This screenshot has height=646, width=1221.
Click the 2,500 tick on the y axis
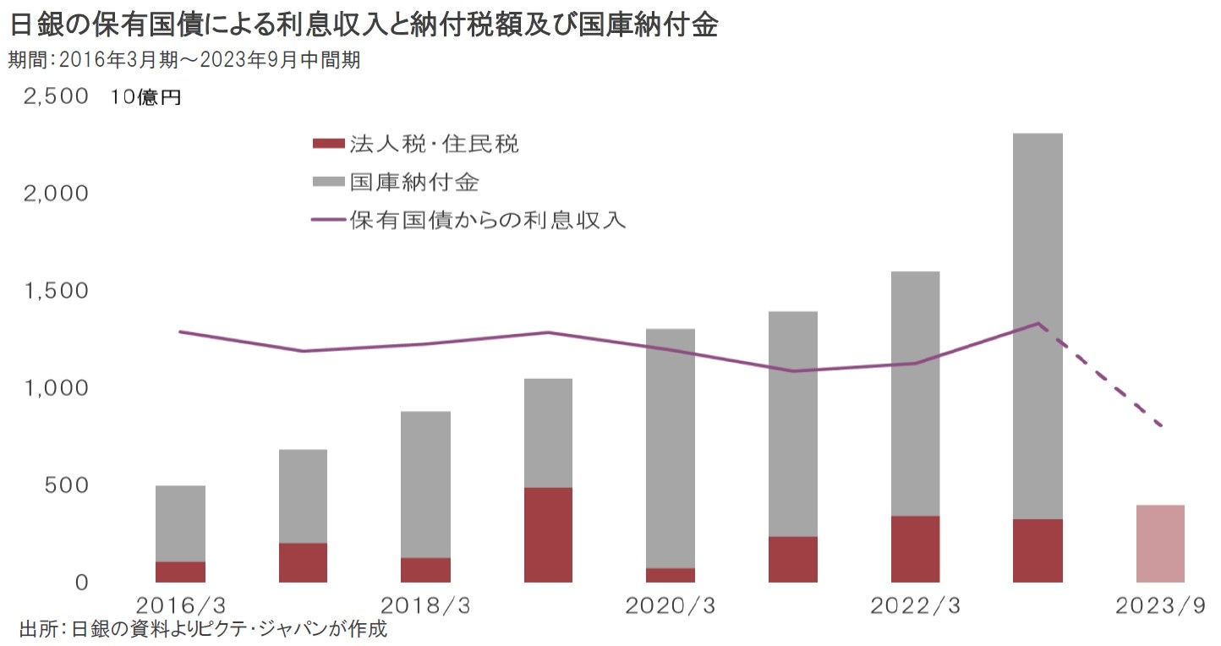click(x=56, y=96)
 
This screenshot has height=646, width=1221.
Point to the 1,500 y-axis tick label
click(x=56, y=291)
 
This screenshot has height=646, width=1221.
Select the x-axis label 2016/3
click(x=180, y=605)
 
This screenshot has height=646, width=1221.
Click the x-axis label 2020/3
click(x=670, y=605)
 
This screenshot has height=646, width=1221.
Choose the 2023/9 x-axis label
click(x=1159, y=605)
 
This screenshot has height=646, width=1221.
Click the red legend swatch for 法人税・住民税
click(x=328, y=144)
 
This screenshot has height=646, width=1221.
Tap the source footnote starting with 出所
click(x=202, y=630)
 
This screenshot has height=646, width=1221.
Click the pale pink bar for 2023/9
click(x=1159, y=544)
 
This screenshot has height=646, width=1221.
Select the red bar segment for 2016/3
click(x=180, y=572)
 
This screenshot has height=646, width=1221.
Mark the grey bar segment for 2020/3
click(x=670, y=448)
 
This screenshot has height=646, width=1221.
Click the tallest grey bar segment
click(x=1037, y=326)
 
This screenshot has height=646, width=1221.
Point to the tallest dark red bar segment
click(x=548, y=534)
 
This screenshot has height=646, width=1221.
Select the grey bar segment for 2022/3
click(x=914, y=393)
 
